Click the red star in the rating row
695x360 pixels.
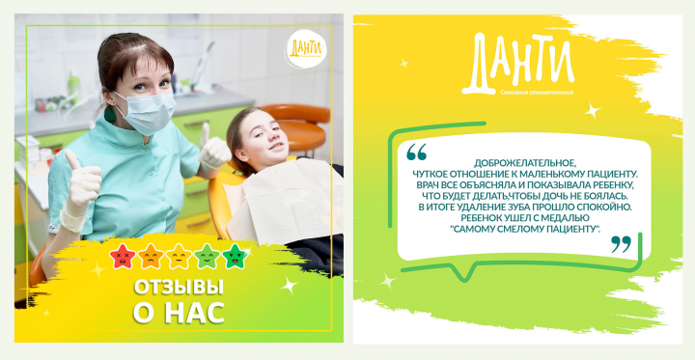(124, 257)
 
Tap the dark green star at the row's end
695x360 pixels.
(235, 257)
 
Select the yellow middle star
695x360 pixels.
(180, 257)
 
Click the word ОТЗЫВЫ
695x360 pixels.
(178, 289)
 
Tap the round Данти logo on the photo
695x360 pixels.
(303, 47)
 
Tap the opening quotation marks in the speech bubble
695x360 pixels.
(416, 152)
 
